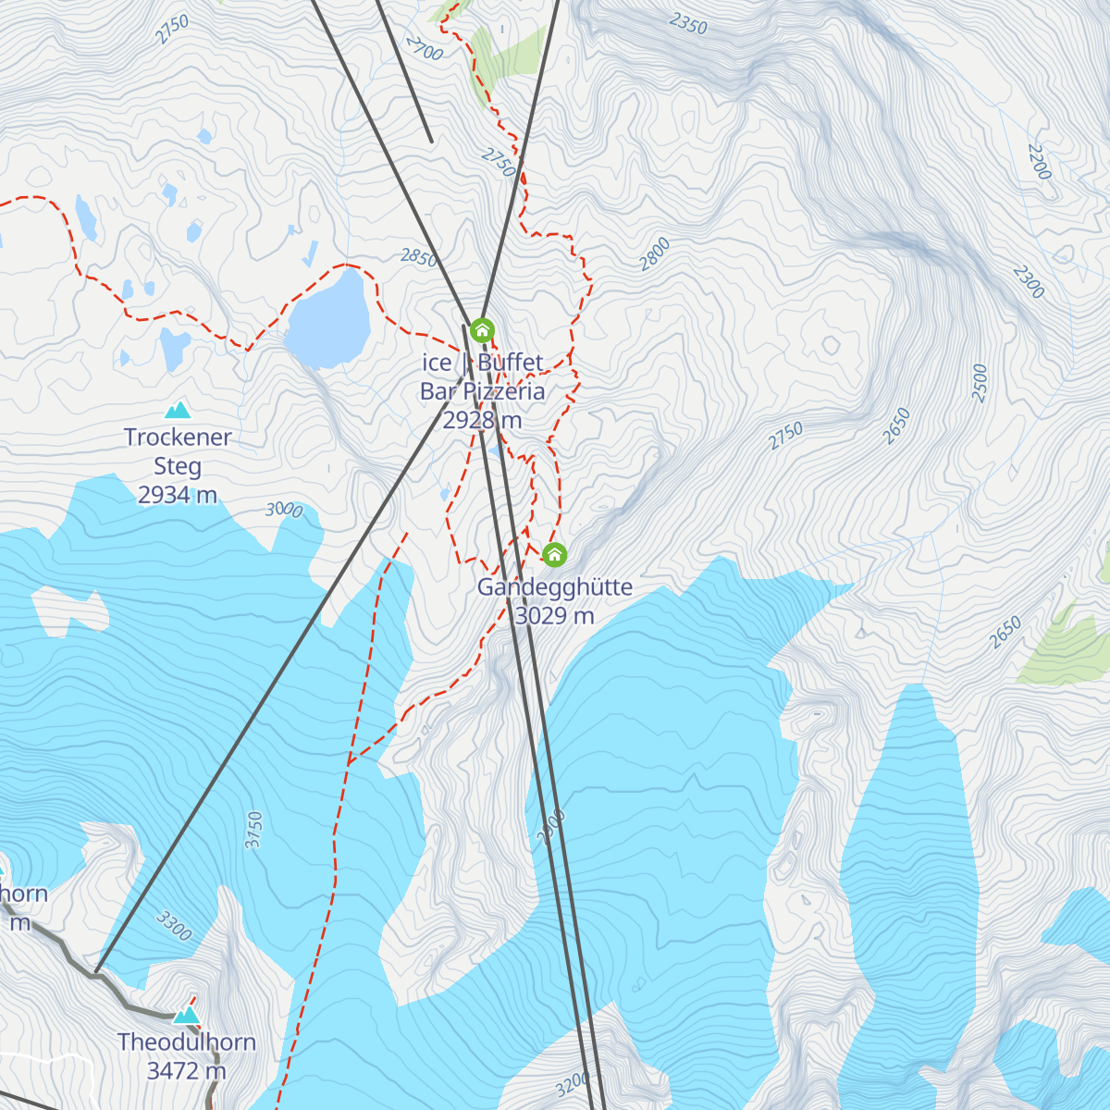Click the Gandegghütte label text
tap(554, 587)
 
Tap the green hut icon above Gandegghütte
tap(554, 554)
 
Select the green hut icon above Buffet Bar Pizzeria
tap(482, 329)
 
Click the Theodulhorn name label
tap(186, 1042)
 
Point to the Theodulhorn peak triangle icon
tap(187, 1015)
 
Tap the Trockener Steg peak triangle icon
tap(177, 410)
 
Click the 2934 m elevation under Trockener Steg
tap(177, 496)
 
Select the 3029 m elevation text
tap(554, 616)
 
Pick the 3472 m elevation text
tap(186, 1071)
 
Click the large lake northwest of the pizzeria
tap(328, 317)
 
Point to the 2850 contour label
tap(418, 257)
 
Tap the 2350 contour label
tap(688, 24)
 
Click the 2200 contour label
tap(1039, 162)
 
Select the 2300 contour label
tap(1028, 282)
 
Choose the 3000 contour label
tap(284, 510)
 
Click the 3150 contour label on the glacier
tap(254, 830)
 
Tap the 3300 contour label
tap(174, 925)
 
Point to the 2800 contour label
tap(655, 254)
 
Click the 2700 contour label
tap(425, 49)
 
